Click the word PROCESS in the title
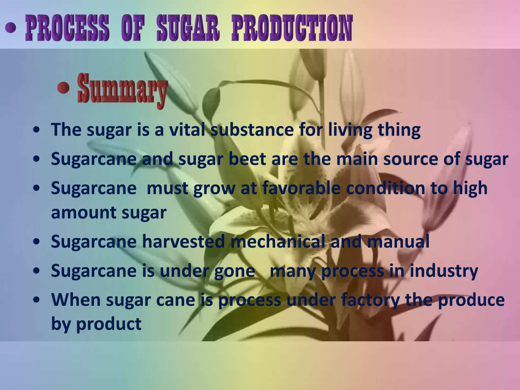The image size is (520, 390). pos(67,28)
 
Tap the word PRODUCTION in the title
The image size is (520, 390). pos(292,28)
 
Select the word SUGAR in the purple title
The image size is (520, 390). pos(188,28)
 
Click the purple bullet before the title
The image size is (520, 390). pos(11,28)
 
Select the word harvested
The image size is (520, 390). pos(183,241)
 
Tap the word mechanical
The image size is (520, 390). pos(278,241)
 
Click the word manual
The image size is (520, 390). pos(398,241)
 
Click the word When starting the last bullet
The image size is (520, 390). pos(76,300)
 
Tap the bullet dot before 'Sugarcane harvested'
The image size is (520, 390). pos(37,242)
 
